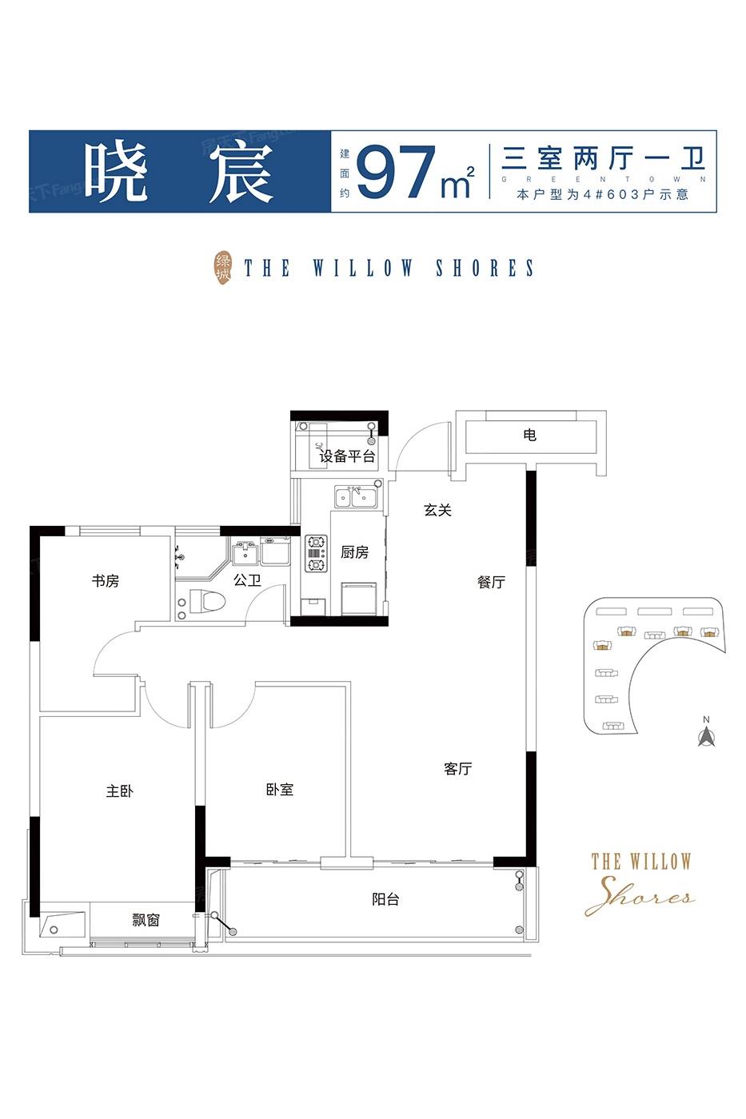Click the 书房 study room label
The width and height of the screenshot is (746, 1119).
(106, 581)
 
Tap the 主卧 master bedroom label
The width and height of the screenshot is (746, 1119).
(119, 790)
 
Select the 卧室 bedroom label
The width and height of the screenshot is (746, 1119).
(280, 790)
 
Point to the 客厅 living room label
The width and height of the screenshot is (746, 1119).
(457, 768)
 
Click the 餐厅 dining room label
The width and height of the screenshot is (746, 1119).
(491, 582)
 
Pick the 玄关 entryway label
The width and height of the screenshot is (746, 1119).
(437, 510)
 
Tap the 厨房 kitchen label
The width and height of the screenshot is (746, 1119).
(355, 552)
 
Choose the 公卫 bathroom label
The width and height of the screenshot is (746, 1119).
(247, 580)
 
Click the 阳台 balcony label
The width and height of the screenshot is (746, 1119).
(385, 900)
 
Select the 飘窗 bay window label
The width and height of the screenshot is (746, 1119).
(146, 920)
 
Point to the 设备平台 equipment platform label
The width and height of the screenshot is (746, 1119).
(347, 456)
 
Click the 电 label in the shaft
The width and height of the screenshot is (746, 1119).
(530, 435)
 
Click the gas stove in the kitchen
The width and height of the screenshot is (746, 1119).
(317, 553)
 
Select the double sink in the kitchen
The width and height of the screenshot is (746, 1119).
(357, 497)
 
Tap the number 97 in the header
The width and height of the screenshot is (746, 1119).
(397, 172)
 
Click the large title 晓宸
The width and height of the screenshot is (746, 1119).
(179, 173)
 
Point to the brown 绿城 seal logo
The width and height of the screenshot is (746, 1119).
(223, 268)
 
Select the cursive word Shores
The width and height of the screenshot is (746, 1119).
(640, 897)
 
